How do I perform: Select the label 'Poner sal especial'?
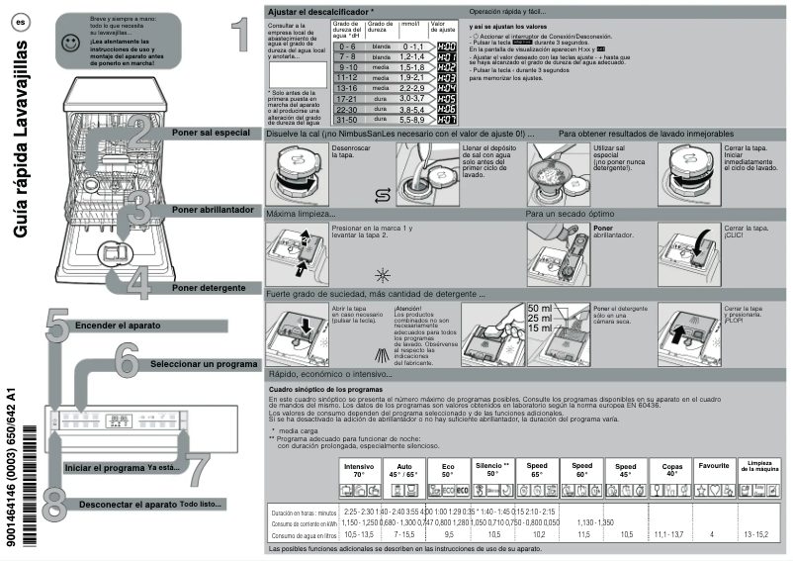[210, 133]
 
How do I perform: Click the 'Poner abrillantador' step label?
[214, 210]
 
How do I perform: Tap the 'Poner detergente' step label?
[207, 287]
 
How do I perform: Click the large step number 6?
[126, 360]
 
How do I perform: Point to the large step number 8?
[55, 501]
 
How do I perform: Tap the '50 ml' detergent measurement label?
[541, 309]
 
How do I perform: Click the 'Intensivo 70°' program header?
[359, 469]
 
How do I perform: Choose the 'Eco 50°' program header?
[448, 469]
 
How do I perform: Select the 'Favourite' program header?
[713, 465]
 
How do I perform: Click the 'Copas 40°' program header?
[671, 469]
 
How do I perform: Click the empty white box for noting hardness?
[298, 74]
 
